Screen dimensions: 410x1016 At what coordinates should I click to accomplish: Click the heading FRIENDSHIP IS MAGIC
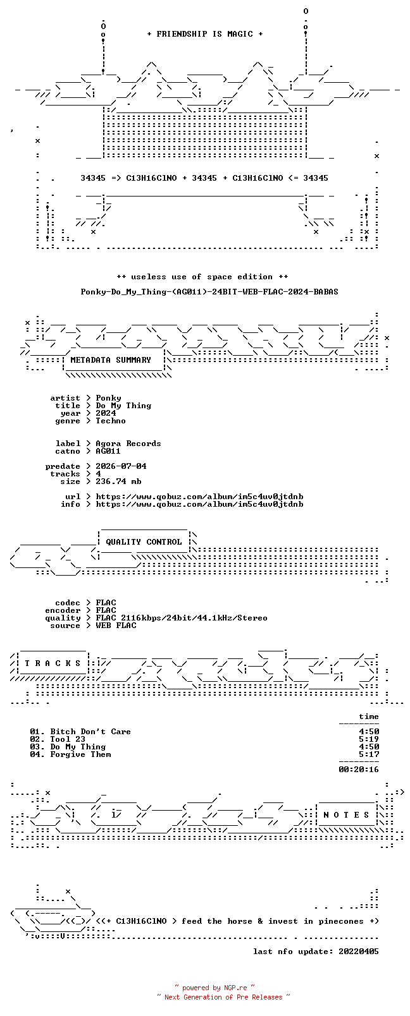[x=204, y=34]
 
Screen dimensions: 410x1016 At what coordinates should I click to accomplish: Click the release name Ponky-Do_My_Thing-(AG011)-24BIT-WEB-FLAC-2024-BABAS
[x=209, y=292]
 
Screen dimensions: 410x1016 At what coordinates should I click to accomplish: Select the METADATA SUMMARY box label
[x=110, y=360]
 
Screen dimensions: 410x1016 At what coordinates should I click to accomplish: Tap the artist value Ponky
[x=108, y=398]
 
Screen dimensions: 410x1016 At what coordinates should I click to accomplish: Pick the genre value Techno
[x=110, y=421]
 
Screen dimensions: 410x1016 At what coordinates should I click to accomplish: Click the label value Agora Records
[x=128, y=444]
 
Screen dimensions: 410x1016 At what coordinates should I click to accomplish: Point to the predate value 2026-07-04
[x=121, y=466]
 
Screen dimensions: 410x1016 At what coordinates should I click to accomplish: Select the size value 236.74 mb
[x=118, y=481]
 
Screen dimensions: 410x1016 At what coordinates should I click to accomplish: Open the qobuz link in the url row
[x=199, y=497]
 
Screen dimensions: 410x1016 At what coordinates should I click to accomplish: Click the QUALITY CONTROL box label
[x=144, y=542]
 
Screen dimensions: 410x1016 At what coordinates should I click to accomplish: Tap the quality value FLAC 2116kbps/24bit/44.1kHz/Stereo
[x=181, y=618]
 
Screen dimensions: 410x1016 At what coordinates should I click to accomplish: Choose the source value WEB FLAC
[x=116, y=626]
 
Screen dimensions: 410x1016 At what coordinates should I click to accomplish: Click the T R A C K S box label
[x=53, y=663]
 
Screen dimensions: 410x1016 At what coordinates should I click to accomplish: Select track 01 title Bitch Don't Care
[x=90, y=732]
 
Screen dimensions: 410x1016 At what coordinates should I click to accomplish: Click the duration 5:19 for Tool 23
[x=369, y=739]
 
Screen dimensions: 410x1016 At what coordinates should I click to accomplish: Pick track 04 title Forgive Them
[x=80, y=754]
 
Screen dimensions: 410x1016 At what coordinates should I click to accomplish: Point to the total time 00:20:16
[x=359, y=770]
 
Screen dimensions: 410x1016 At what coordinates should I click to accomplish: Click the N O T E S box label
[x=347, y=815]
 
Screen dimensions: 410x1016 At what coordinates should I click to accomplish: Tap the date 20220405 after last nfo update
[x=359, y=952]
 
